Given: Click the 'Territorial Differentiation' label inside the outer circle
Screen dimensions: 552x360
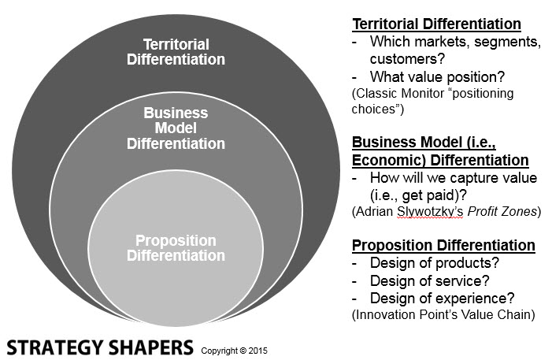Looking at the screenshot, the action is [x=176, y=52].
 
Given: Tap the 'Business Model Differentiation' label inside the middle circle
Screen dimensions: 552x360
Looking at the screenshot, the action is [x=176, y=128].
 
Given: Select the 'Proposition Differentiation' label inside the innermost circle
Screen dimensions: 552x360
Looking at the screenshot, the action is [x=176, y=248].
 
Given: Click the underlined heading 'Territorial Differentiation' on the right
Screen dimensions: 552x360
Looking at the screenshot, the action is [x=436, y=24].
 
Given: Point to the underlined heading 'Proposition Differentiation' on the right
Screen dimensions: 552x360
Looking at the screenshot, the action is [x=443, y=245].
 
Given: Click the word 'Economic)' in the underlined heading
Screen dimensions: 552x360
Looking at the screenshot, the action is [x=389, y=160].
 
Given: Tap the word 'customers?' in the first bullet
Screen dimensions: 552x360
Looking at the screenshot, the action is [x=407, y=59].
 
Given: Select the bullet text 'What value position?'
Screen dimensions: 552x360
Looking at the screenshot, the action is [x=437, y=76].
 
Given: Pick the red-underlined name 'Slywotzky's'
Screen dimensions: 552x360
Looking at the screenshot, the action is [x=430, y=212].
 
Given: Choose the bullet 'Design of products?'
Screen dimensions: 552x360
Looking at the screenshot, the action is [x=435, y=263].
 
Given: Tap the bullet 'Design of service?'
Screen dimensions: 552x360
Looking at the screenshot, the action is [x=429, y=280].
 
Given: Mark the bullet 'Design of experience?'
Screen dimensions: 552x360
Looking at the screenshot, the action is [x=443, y=299].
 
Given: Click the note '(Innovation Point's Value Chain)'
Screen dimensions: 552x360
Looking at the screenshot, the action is [x=443, y=314].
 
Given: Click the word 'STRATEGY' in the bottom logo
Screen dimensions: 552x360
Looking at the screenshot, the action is [x=55, y=347].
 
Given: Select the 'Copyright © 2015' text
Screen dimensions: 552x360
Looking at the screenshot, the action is [x=234, y=351].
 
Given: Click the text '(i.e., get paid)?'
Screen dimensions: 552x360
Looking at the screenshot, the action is [x=418, y=195].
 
